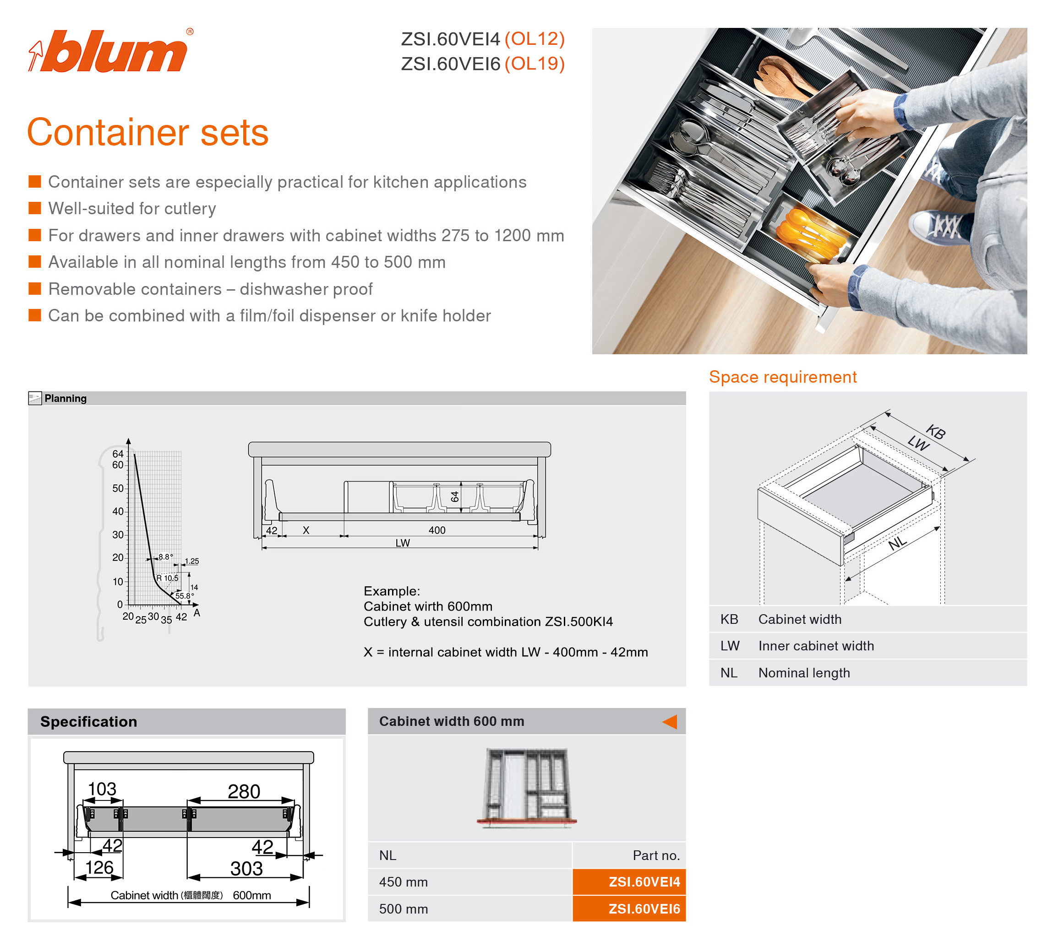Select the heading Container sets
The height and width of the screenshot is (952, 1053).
[148, 133]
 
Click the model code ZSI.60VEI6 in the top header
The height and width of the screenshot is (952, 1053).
[451, 64]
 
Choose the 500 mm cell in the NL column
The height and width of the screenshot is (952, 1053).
[403, 909]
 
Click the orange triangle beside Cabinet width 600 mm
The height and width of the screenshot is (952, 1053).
[670, 721]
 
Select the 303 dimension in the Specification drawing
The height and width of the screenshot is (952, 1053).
[246, 869]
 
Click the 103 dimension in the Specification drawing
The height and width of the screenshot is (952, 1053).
[102, 789]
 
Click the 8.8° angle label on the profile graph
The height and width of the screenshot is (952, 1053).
[165, 557]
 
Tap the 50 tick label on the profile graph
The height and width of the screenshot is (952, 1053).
[118, 488]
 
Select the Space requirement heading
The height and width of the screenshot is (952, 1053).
[782, 377]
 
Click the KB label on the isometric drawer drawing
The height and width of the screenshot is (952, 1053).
[935, 432]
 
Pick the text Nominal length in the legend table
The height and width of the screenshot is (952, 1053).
[804, 673]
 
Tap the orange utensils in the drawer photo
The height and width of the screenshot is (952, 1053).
[810, 232]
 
